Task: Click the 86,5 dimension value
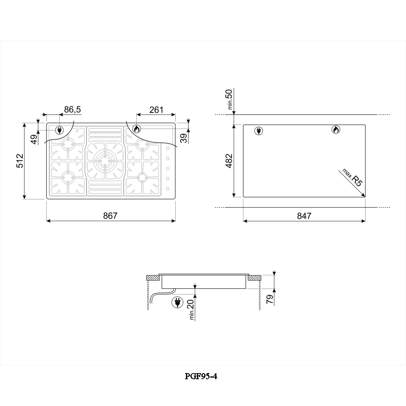[x=73, y=110]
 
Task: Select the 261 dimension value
[x=156, y=110]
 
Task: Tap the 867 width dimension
[x=110, y=216]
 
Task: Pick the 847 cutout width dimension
[x=304, y=216]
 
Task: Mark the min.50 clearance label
[x=230, y=100]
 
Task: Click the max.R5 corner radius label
[x=352, y=180]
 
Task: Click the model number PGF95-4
[x=201, y=376]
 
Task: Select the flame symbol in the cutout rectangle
[x=335, y=130]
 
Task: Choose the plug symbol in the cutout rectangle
[x=258, y=130]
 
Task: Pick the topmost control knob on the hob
[x=166, y=149]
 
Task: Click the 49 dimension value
[x=34, y=139]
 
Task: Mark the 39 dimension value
[x=184, y=138]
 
